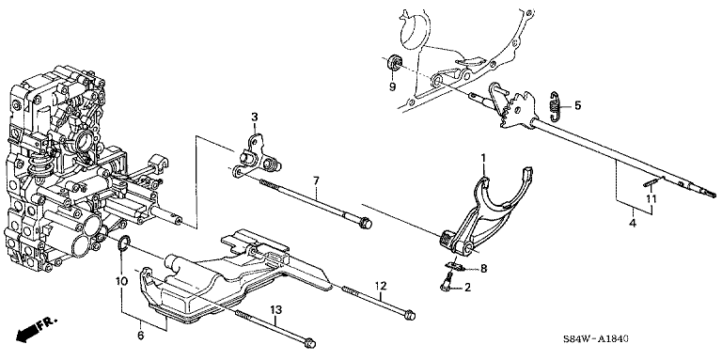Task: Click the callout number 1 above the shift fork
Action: click(x=483, y=158)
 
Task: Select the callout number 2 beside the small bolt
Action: click(x=468, y=289)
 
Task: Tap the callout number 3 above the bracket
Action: click(x=254, y=117)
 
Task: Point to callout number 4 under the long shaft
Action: click(x=633, y=224)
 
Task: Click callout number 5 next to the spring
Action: click(x=577, y=105)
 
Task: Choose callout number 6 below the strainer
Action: click(x=141, y=336)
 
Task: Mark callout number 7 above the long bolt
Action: click(x=316, y=180)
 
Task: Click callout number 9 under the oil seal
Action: click(x=392, y=86)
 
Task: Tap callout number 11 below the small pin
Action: click(x=651, y=199)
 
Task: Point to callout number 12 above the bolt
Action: click(x=381, y=286)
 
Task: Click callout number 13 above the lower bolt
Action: click(x=275, y=311)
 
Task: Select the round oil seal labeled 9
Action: click(x=394, y=62)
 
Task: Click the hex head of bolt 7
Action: click(x=366, y=224)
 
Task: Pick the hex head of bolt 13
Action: click(x=310, y=343)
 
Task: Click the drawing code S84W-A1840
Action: click(x=596, y=339)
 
